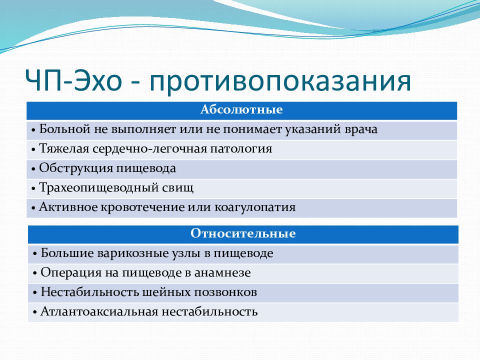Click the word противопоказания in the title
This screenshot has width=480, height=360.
click(x=280, y=81)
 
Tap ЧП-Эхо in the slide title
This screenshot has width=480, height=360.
click(x=73, y=80)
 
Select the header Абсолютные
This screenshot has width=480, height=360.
click(x=241, y=109)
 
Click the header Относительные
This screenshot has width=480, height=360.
click(x=243, y=233)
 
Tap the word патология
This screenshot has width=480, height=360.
click(x=241, y=149)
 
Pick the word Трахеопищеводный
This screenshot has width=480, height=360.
click(x=98, y=188)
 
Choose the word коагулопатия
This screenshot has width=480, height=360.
click(x=255, y=207)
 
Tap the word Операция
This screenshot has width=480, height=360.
click(x=71, y=273)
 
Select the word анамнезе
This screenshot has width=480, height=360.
click(x=222, y=273)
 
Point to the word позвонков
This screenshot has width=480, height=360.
click(x=225, y=292)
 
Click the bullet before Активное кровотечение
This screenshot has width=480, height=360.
click(x=33, y=208)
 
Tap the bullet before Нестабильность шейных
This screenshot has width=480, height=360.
click(x=35, y=293)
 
